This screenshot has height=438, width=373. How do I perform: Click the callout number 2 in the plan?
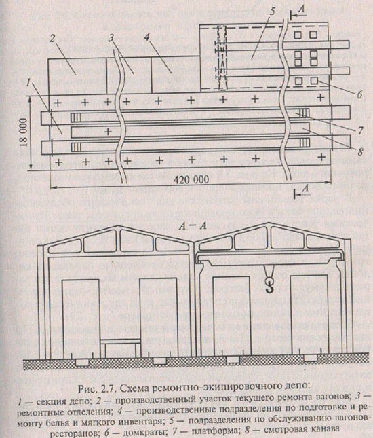click(x=52, y=39)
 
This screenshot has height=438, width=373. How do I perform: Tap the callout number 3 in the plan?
click(x=113, y=39)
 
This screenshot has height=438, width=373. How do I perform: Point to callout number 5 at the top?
click(x=272, y=12)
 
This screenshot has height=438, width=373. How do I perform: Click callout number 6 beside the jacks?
click(x=360, y=94)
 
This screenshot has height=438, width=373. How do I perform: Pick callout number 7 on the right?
click(x=360, y=130)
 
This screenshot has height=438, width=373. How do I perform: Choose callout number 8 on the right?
click(x=360, y=151)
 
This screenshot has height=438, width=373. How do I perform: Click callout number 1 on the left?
click(x=28, y=82)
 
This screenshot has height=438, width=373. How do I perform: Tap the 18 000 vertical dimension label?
click(x=24, y=132)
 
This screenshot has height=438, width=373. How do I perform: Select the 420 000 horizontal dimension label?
click(x=191, y=179)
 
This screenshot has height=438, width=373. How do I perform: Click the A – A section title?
click(x=193, y=226)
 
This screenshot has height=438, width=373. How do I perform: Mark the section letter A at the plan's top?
click(x=301, y=10)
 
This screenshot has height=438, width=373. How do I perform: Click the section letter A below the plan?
click(x=306, y=189)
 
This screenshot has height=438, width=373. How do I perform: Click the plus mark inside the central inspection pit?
click(x=109, y=131)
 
